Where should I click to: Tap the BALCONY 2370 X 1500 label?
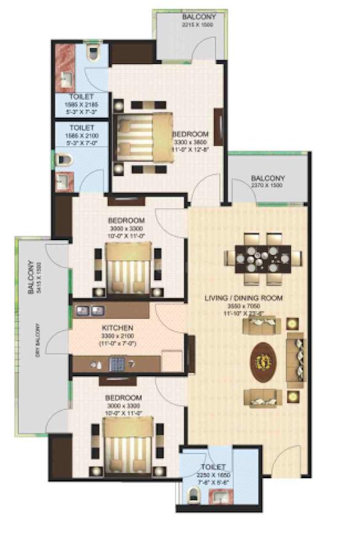[x=267, y=182]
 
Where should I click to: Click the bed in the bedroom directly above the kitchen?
[x=128, y=268]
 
